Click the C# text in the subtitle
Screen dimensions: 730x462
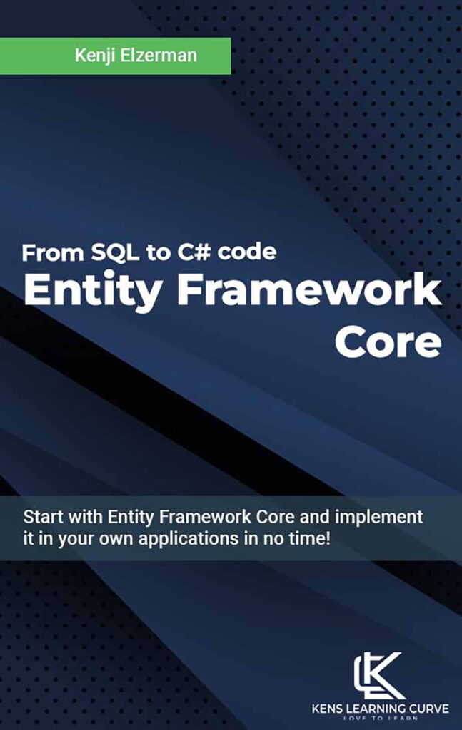pyautogui.click(x=188, y=252)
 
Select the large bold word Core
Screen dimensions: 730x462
pyautogui.click(x=388, y=343)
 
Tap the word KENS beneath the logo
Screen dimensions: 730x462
pyautogui.click(x=328, y=709)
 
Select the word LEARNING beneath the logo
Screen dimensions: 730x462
pyautogui.click(x=378, y=709)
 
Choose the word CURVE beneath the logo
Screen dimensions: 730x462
pyautogui.click(x=429, y=709)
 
